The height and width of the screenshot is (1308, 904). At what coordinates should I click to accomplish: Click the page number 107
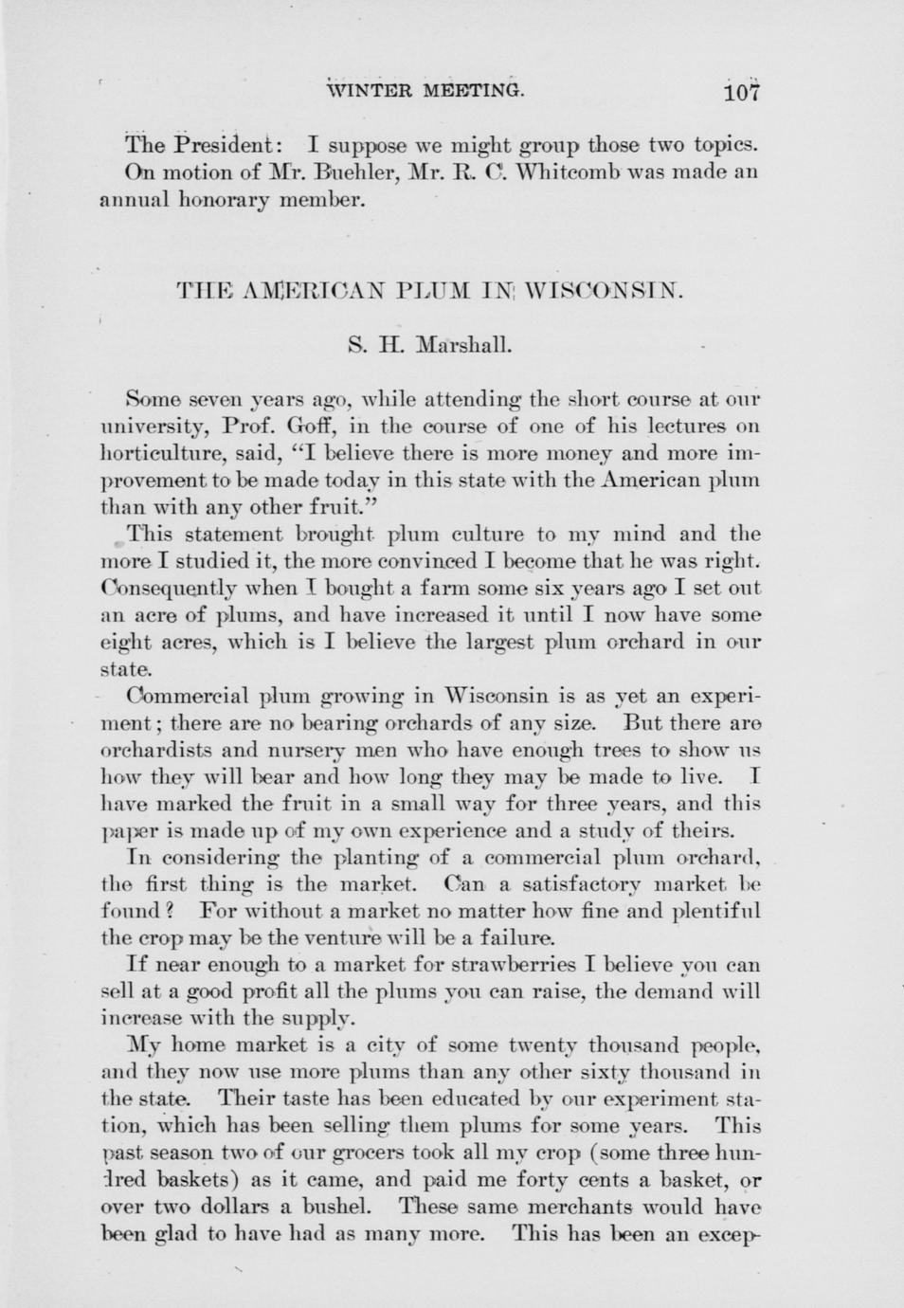tap(741, 92)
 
